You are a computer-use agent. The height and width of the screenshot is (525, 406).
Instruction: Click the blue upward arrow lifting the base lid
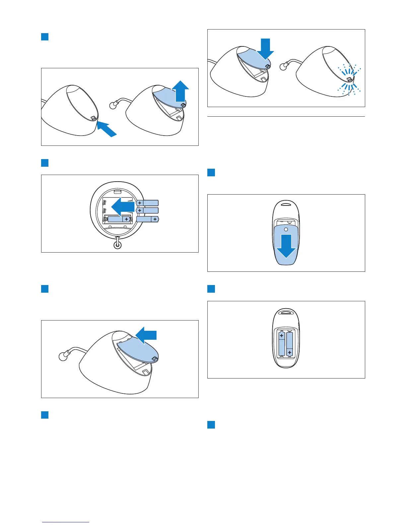[180, 91]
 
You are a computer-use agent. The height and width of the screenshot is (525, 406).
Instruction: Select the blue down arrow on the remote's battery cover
[286, 246]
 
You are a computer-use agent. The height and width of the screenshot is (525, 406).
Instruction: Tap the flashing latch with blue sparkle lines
[349, 80]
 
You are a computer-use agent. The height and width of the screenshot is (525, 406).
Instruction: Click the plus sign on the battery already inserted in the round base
[126, 219]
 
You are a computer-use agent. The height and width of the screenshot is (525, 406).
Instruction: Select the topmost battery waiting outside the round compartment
[147, 203]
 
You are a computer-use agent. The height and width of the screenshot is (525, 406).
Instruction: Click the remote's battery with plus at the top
[282, 344]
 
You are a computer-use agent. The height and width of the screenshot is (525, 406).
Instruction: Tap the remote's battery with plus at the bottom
[290, 344]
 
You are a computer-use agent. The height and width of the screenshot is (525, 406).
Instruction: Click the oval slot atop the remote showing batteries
[286, 312]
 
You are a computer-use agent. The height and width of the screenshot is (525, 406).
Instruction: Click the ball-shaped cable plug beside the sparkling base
[283, 66]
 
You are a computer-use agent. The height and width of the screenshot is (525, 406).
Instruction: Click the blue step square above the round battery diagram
[45, 163]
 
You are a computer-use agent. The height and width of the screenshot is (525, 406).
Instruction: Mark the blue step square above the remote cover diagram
[211, 172]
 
